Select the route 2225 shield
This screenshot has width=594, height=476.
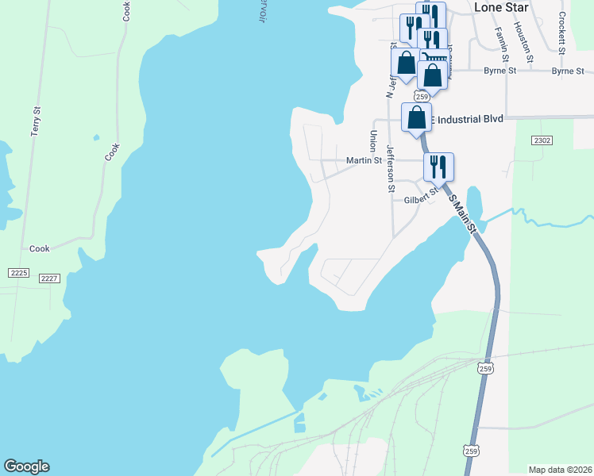[18, 273]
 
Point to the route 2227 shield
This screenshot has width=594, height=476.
[49, 278]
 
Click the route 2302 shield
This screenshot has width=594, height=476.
[542, 140]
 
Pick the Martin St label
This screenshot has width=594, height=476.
[364, 160]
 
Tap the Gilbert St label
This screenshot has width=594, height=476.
[421, 198]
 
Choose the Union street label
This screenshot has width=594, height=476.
[372, 141]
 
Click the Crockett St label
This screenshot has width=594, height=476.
[561, 33]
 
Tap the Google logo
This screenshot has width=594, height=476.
[26, 466]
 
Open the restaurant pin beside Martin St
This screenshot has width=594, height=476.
[438, 167]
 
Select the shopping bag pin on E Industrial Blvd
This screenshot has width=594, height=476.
[416, 117]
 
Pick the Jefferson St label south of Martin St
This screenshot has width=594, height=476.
[390, 168]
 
